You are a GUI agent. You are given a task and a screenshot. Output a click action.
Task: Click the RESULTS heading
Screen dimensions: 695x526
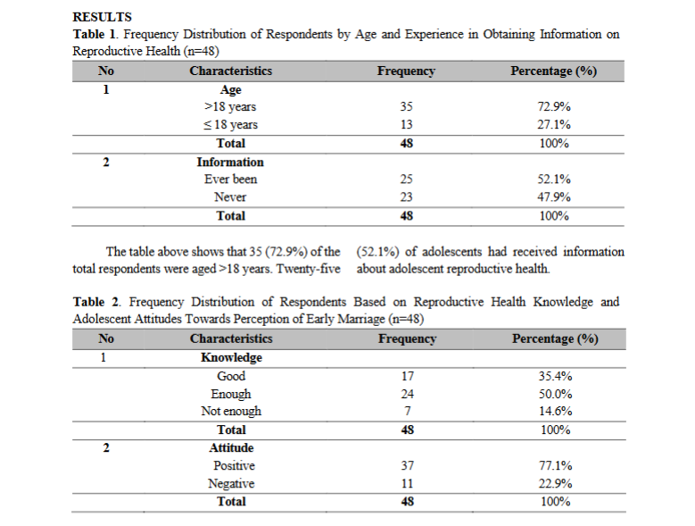103,17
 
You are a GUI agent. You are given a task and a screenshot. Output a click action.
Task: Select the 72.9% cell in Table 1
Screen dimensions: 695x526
554,106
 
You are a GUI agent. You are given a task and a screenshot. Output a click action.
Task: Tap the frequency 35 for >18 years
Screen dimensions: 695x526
407,106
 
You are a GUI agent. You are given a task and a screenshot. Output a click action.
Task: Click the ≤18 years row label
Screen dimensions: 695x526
230,125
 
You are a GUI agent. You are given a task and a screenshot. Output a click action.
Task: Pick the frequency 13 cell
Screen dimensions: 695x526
407,125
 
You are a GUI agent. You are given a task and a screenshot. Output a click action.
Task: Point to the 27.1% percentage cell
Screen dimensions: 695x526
554,125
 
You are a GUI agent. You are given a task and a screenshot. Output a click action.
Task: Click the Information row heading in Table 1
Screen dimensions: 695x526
230,162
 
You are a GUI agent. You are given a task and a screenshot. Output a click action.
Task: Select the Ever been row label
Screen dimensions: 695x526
230,180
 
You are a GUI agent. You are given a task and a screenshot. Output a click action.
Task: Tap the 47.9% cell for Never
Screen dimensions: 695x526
554,197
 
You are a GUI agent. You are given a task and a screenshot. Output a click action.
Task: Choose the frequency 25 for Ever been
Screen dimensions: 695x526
407,180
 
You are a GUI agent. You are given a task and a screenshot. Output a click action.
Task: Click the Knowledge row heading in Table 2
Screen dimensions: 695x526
231,357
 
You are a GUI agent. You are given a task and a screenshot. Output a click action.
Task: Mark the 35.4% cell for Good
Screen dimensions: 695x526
556,376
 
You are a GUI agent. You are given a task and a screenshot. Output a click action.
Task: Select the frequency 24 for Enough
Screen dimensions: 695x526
408,394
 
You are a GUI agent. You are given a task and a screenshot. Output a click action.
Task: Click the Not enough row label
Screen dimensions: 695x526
231,411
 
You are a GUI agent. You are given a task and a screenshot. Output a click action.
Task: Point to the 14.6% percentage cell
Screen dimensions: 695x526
556,411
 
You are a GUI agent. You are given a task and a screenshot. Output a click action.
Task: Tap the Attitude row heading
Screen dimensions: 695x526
231,448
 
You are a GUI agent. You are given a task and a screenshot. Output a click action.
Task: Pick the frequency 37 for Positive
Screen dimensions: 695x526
408,465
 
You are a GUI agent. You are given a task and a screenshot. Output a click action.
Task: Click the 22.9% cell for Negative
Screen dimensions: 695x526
556,483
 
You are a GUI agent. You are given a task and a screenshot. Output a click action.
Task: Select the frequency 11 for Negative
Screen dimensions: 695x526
408,483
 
